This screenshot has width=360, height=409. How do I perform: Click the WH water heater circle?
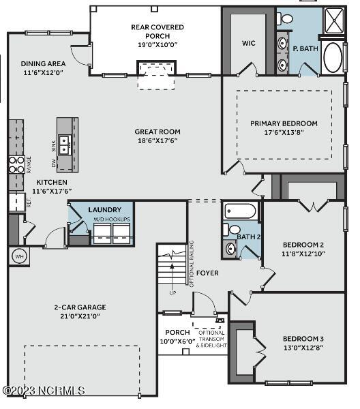(19, 256)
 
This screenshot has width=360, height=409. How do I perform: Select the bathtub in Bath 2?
(240, 211)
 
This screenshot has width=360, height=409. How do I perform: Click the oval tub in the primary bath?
(333, 58)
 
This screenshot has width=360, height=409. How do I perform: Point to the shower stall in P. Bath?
(335, 20)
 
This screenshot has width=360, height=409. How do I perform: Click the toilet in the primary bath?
(285, 18)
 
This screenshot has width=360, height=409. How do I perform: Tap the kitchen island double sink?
(65, 145)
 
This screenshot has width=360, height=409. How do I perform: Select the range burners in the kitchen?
(16, 164)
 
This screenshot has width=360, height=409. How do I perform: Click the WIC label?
(248, 43)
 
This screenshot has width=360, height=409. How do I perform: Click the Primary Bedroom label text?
(284, 123)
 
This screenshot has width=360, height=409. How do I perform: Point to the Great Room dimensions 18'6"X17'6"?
(157, 141)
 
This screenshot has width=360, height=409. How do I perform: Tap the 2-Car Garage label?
(80, 307)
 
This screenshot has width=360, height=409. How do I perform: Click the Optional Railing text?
(192, 264)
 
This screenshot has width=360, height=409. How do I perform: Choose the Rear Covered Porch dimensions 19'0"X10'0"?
(157, 44)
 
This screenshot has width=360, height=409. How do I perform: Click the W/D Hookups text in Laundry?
(112, 219)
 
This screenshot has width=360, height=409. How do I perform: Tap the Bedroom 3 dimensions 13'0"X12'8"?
(303, 348)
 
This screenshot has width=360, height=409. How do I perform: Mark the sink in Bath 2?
(230, 249)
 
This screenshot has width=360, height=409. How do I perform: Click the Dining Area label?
(43, 63)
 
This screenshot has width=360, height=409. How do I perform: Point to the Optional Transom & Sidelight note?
(211, 339)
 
